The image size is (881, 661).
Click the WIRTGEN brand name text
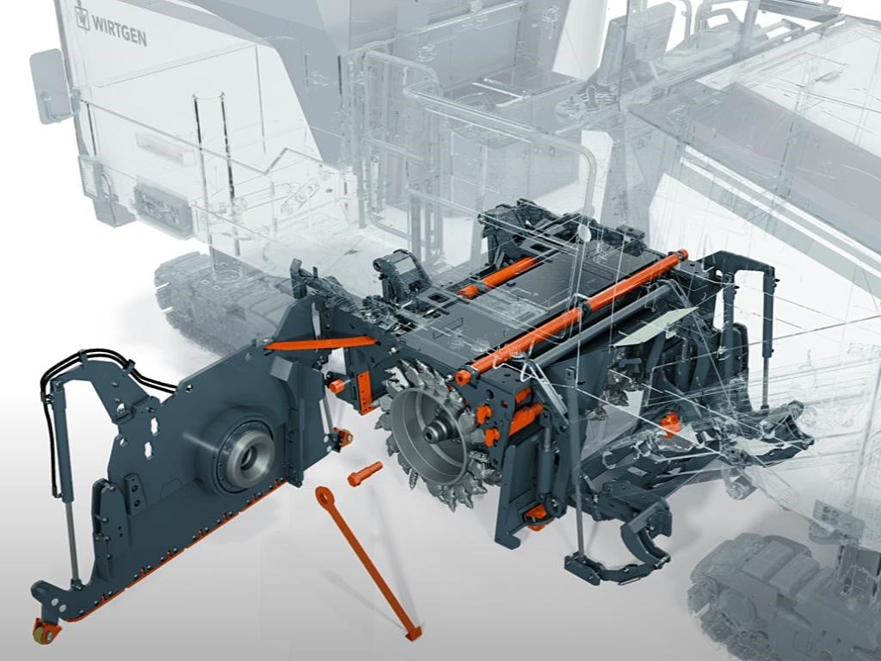[x=119, y=30]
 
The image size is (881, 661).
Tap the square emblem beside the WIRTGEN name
[x=82, y=18]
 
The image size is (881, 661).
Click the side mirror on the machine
[x=50, y=85]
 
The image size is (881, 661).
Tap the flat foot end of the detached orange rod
[x=413, y=633]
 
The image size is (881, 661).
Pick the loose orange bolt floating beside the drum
[x=365, y=474]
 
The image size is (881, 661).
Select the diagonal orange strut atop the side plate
[x=321, y=343]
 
